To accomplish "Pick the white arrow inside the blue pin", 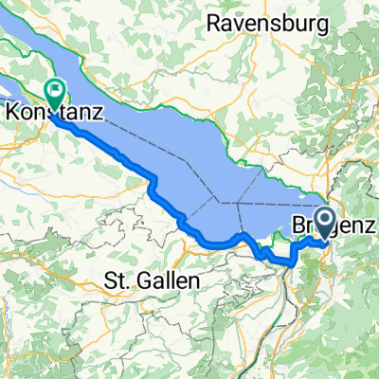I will point(324,222).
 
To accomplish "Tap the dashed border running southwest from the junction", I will point(204,216).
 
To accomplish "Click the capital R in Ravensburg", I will point(213,21).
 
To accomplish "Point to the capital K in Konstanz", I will point(15,111).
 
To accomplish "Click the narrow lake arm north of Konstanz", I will point(38,66).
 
